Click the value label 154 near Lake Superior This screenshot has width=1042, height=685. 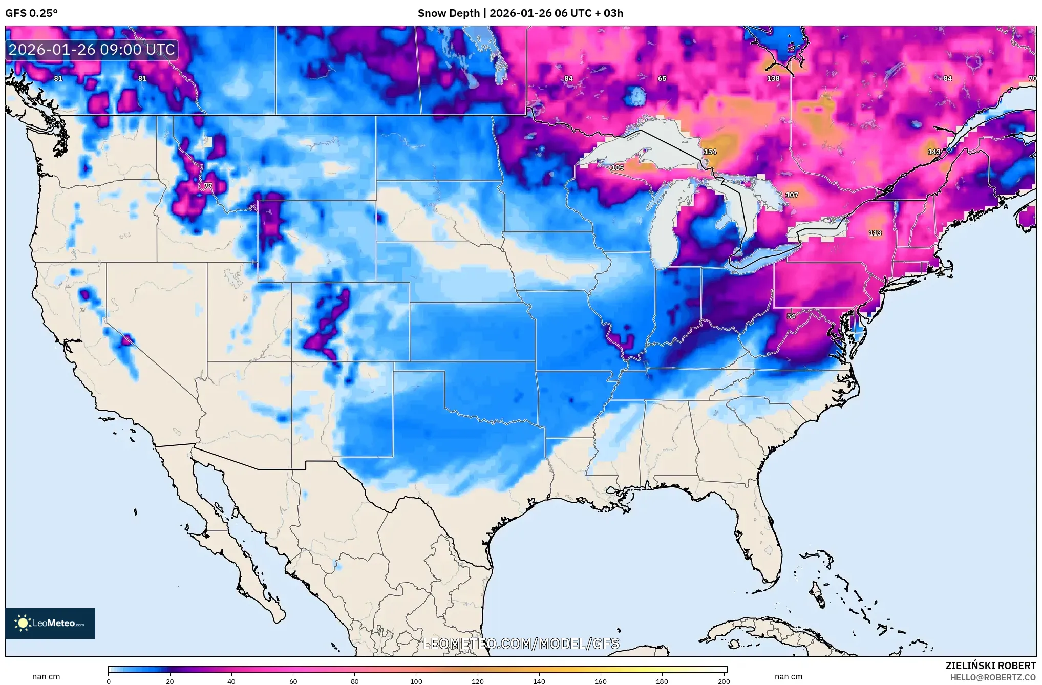tap(710, 152)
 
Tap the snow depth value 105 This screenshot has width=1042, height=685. tap(618, 168)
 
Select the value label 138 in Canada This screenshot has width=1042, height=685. tap(773, 79)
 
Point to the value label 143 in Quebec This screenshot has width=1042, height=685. tap(934, 152)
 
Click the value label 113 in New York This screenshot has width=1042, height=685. tap(875, 233)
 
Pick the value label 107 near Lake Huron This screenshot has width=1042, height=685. tap(792, 195)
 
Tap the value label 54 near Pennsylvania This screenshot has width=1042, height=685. tap(791, 316)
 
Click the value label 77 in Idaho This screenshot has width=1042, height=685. tap(208, 186)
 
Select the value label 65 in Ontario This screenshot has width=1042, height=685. tap(662, 79)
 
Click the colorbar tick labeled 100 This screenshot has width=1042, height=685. tap(416, 681)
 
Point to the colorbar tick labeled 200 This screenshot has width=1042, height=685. tap(724, 681)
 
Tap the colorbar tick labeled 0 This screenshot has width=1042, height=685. tap(109, 681)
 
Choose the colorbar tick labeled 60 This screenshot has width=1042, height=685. tap(293, 681)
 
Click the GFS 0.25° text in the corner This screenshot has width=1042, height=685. tap(32, 13)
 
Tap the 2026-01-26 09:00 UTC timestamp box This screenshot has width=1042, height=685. tap(92, 50)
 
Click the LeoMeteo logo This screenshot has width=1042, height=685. tap(50, 623)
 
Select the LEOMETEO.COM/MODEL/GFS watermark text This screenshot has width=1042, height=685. tap(521, 644)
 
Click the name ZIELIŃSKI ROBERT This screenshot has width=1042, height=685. tap(990, 666)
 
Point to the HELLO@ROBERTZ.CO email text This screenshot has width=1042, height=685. tap(993, 677)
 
